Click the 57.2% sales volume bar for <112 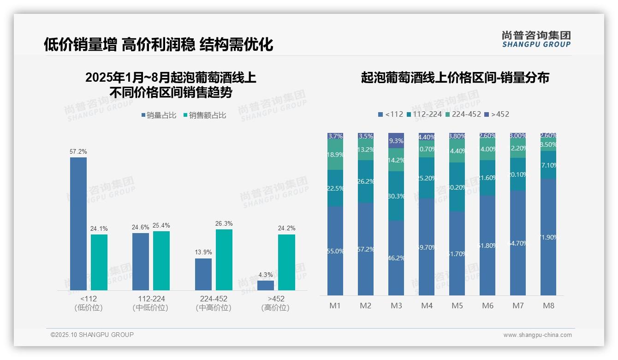point(78,224)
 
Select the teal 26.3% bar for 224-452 point(224,260)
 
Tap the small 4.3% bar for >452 point(266,285)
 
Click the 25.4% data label point(161,226)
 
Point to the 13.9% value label point(203,252)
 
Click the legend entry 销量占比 point(159,115)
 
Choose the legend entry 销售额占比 point(205,115)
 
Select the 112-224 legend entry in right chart point(424,114)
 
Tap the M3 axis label point(396,306)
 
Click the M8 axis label point(548,306)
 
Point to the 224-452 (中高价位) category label point(213,303)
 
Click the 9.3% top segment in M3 point(396,140)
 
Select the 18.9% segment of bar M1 point(335,155)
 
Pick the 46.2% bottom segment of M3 point(396,258)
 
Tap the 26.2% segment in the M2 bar point(366,181)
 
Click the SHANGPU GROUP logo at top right point(536,39)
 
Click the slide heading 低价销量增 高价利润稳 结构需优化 point(158,44)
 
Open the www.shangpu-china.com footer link point(537,335)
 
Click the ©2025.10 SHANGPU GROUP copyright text point(92,335)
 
